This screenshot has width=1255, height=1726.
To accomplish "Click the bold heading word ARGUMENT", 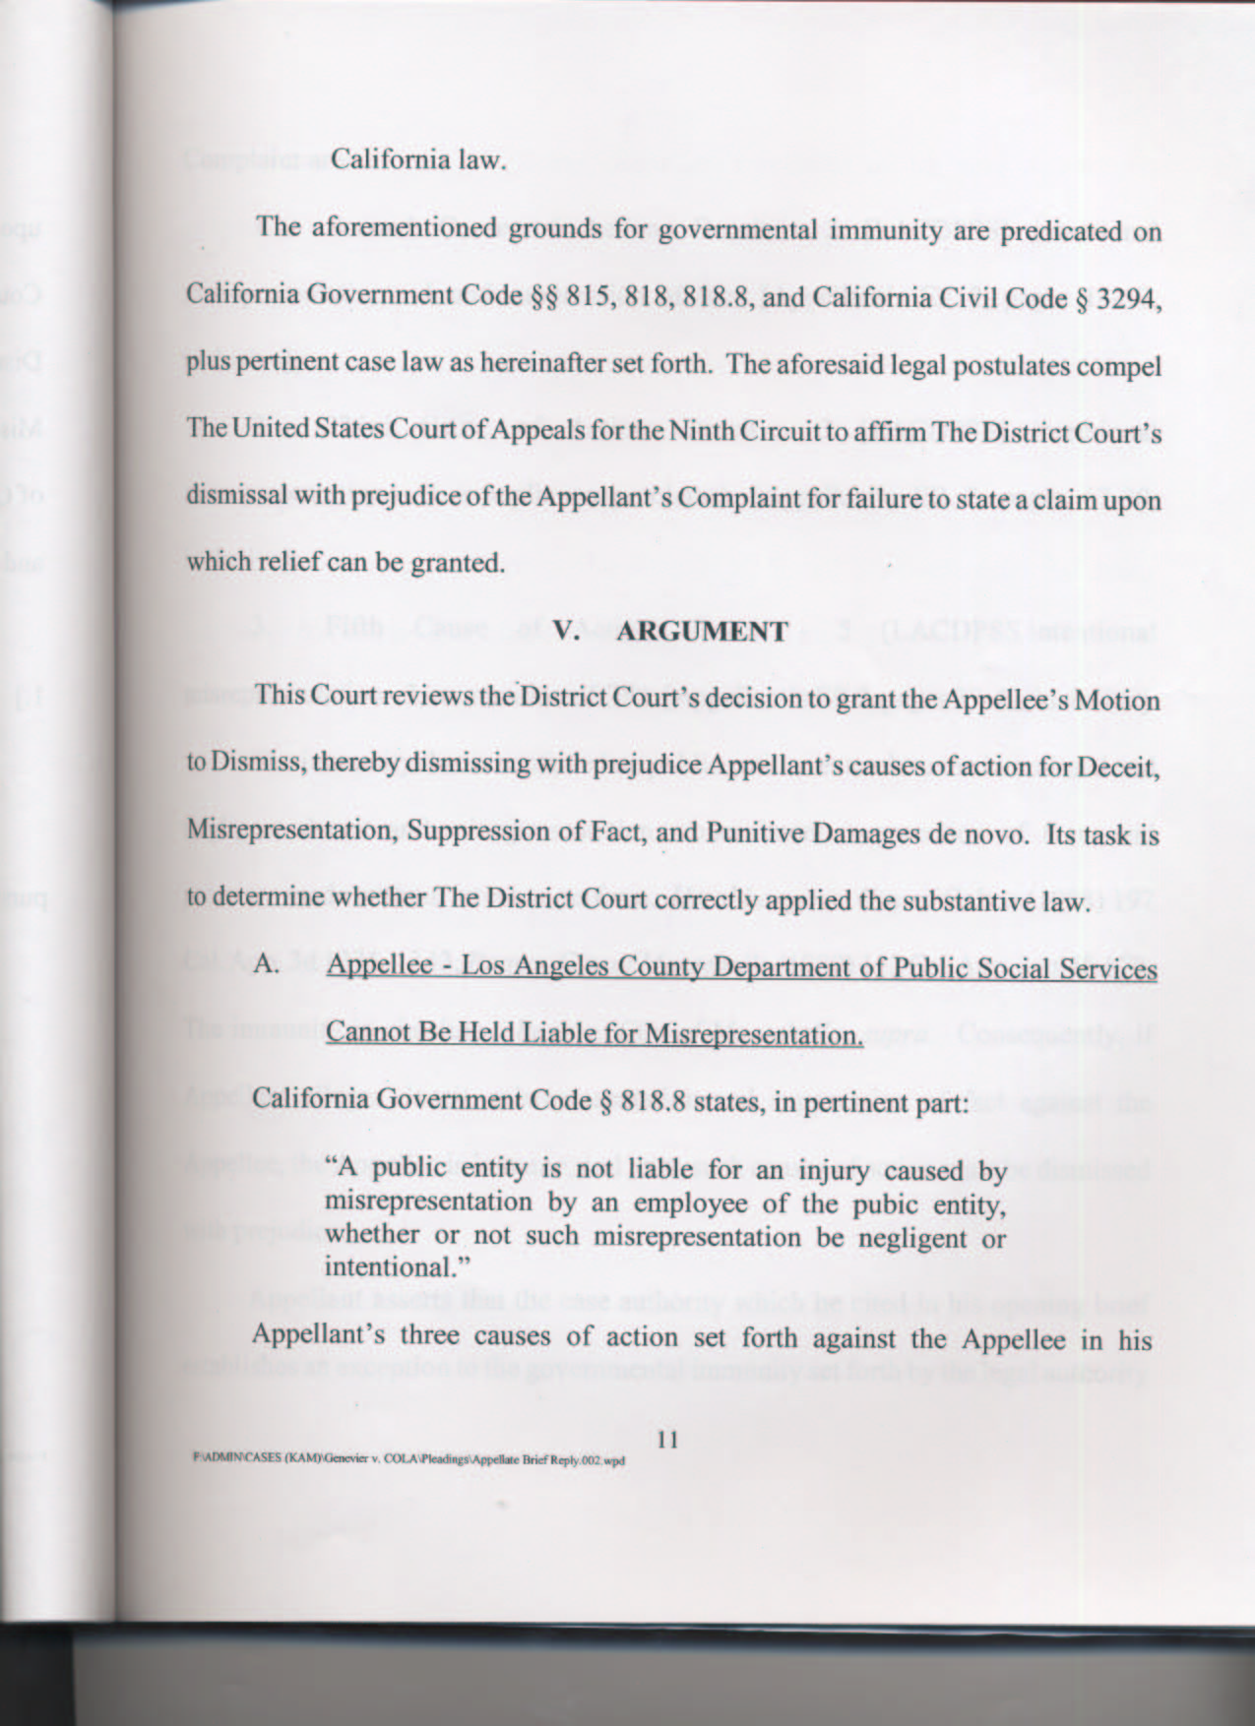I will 702,631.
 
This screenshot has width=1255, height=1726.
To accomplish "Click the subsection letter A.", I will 264,963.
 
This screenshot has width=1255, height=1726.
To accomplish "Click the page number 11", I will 667,1440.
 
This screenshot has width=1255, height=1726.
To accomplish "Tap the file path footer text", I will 408,1460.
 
